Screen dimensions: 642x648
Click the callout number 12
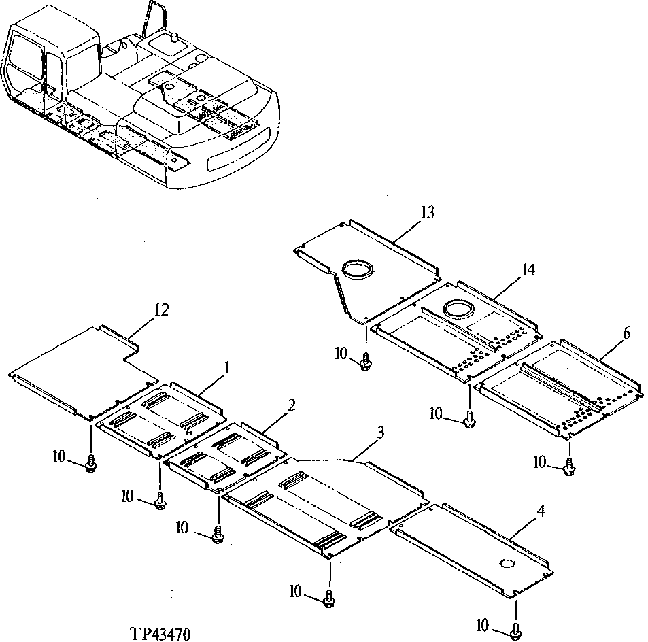pyautogui.click(x=160, y=309)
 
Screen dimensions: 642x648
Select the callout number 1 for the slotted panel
pyautogui.click(x=227, y=368)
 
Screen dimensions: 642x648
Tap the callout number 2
pyautogui.click(x=291, y=406)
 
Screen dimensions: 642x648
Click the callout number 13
pyautogui.click(x=427, y=213)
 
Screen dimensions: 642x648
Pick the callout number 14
pyautogui.click(x=528, y=270)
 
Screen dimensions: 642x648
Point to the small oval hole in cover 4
pyautogui.click(x=507, y=564)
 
